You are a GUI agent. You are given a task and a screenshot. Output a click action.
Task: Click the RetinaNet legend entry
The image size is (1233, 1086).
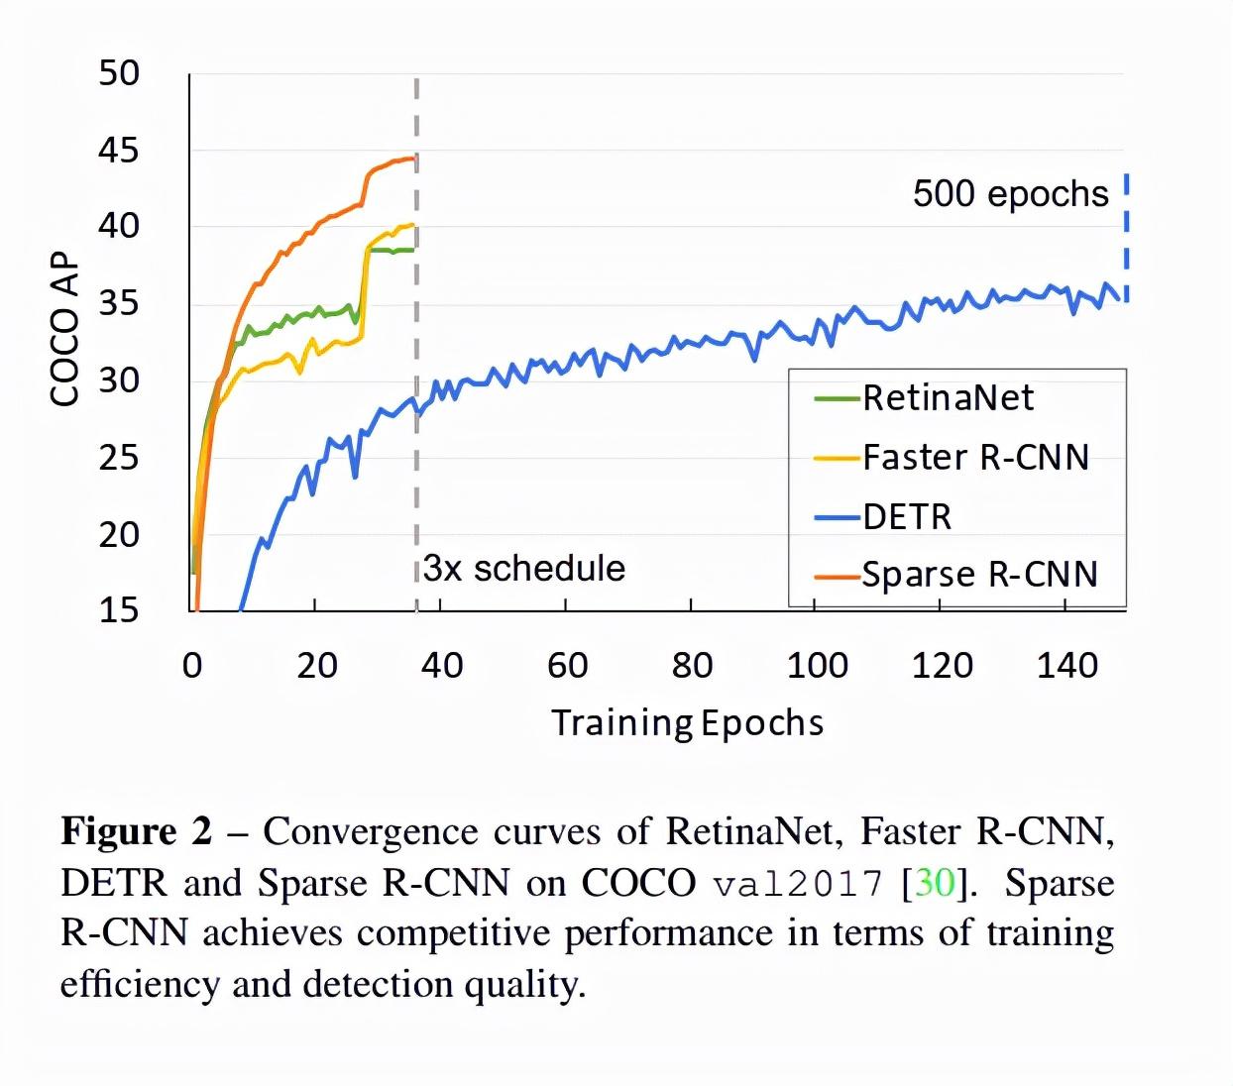tap(947, 398)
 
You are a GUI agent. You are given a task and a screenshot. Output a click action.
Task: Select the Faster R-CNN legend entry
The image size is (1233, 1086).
tap(975, 458)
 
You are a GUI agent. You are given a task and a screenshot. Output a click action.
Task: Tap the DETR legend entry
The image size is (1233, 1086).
tap(906, 517)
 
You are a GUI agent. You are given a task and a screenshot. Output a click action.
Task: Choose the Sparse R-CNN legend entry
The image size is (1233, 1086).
tap(979, 576)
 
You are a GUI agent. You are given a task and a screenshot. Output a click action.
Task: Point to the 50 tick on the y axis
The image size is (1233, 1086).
tap(119, 73)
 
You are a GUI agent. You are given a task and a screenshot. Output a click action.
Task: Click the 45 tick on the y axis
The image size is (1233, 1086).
tap(119, 151)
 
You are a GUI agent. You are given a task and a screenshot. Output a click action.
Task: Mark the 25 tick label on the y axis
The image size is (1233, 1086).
tap(119, 458)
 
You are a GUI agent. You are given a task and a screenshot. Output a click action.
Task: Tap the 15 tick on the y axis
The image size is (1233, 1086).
tap(119, 610)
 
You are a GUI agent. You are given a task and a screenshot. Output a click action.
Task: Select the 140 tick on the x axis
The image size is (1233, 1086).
tap(1066, 666)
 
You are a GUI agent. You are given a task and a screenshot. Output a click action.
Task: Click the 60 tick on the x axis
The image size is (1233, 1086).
tap(567, 666)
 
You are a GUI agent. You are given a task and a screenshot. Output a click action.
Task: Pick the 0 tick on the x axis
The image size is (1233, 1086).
tap(192, 666)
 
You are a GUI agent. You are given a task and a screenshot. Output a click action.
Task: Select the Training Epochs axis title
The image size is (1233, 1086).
tap(687, 723)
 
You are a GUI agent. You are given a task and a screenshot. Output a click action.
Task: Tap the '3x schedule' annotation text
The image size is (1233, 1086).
tap(524, 569)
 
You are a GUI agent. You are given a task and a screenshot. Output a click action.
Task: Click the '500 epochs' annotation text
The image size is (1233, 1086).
tap(1010, 193)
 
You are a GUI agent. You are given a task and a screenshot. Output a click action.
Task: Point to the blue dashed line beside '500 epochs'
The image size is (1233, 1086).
tap(1127, 238)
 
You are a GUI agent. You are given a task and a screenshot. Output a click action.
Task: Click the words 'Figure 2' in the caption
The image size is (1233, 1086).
tap(137, 831)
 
